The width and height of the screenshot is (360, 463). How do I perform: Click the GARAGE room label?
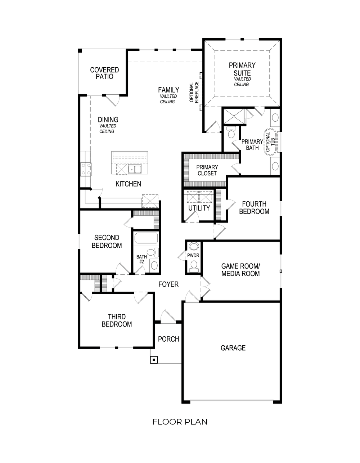[x=233, y=348]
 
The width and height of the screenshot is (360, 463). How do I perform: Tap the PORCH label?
[x=168, y=339]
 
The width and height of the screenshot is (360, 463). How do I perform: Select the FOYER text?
[x=168, y=284]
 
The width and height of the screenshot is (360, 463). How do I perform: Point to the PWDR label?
[x=193, y=256]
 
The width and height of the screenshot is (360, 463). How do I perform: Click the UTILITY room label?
[x=199, y=208]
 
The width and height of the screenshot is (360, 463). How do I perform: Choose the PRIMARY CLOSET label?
[x=207, y=170]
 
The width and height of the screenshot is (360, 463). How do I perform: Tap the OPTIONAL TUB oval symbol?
[x=271, y=142]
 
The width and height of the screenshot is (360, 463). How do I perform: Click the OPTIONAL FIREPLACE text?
[x=194, y=92]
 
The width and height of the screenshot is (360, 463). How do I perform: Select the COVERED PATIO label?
[x=104, y=73]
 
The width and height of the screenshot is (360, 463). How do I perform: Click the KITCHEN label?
[x=128, y=184]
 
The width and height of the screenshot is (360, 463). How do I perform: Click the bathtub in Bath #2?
[x=146, y=239]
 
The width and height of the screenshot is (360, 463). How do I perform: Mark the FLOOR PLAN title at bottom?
[x=180, y=422]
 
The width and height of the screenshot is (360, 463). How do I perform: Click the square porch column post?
[x=154, y=360]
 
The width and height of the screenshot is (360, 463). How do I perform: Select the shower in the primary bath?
[x=234, y=116]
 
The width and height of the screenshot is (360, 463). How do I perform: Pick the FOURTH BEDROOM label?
[x=254, y=208]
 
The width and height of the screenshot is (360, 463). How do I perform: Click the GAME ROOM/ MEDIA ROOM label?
[x=240, y=270]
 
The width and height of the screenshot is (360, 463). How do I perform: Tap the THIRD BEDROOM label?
[x=117, y=320]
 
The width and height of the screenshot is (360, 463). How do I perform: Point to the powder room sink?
[x=194, y=247]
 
